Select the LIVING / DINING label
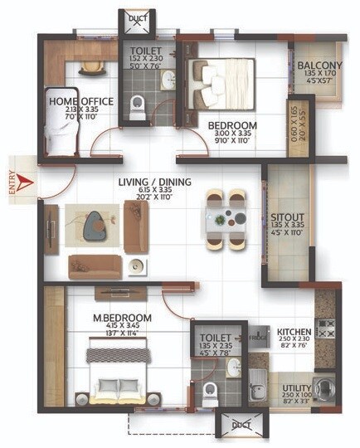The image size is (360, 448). click(154, 181)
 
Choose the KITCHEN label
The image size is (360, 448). click(293, 330)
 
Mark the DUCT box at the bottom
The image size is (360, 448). click(241, 424)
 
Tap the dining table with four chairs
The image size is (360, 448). click(226, 218)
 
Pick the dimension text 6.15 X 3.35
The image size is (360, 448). click(154, 191)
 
